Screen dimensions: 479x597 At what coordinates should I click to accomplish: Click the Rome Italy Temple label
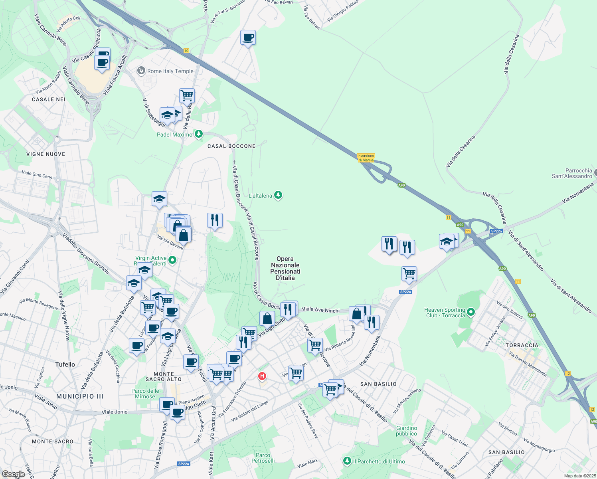pyautogui.click(x=170, y=71)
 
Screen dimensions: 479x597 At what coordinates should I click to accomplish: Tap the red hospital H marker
pyautogui.click(x=262, y=376)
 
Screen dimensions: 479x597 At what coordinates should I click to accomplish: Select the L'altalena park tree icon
pyautogui.click(x=278, y=195)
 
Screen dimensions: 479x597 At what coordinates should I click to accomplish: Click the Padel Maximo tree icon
pyautogui.click(x=198, y=134)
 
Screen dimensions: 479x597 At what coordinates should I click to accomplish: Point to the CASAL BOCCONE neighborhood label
pyautogui.click(x=231, y=146)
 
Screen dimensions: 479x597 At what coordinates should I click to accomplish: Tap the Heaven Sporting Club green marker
pyautogui.click(x=471, y=312)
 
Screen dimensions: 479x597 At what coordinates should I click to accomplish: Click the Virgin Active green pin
pyautogui.click(x=172, y=260)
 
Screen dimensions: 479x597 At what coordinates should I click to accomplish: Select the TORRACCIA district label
pyautogui.click(x=522, y=345)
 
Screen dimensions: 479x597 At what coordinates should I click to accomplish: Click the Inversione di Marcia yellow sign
pyautogui.click(x=366, y=158)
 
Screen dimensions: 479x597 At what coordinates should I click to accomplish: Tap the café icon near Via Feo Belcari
pyautogui.click(x=248, y=38)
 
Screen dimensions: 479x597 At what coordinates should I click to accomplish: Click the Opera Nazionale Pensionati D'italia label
pyautogui.click(x=285, y=268)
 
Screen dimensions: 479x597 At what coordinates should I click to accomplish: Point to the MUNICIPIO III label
pyautogui.click(x=80, y=396)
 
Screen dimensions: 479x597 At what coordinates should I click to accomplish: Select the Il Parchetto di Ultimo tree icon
pyautogui.click(x=347, y=461)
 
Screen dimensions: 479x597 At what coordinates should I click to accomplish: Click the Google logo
pyautogui.click(x=14, y=474)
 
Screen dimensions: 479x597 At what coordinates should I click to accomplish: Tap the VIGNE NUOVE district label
pyautogui.click(x=45, y=154)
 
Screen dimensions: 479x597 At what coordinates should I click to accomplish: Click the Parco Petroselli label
pyautogui.click(x=263, y=458)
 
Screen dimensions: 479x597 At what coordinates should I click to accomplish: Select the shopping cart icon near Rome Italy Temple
pyautogui.click(x=187, y=96)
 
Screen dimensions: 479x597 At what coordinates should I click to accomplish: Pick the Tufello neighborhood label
pyautogui.click(x=65, y=364)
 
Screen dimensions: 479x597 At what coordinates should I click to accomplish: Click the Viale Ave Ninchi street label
pyautogui.click(x=321, y=310)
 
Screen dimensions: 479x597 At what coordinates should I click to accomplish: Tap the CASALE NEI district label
pyautogui.click(x=48, y=99)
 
